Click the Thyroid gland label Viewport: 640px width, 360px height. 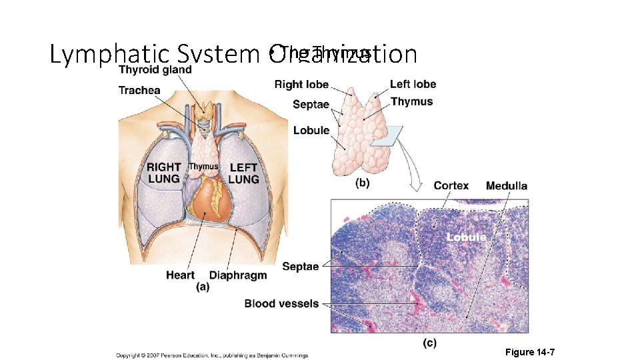(155, 69)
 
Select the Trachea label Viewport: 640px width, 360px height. (139, 90)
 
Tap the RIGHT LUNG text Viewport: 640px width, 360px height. (164, 173)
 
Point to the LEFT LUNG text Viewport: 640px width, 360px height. (243, 173)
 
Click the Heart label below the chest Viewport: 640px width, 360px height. (180, 275)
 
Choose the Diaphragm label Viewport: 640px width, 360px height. (238, 275)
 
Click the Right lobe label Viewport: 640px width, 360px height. (301, 84)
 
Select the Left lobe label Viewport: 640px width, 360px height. (413, 84)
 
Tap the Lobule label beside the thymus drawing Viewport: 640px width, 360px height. (311, 130)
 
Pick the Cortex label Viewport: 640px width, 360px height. (451, 186)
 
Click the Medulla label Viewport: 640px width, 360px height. (507, 186)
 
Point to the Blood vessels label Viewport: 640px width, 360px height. (281, 303)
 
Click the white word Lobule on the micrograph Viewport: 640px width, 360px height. (466, 237)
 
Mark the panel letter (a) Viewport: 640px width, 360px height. (203, 287)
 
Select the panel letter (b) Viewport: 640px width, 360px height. (363, 182)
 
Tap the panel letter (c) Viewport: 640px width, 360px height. (429, 343)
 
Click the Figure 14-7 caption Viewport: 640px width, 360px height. (530, 351)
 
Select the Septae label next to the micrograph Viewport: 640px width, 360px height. (300, 266)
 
